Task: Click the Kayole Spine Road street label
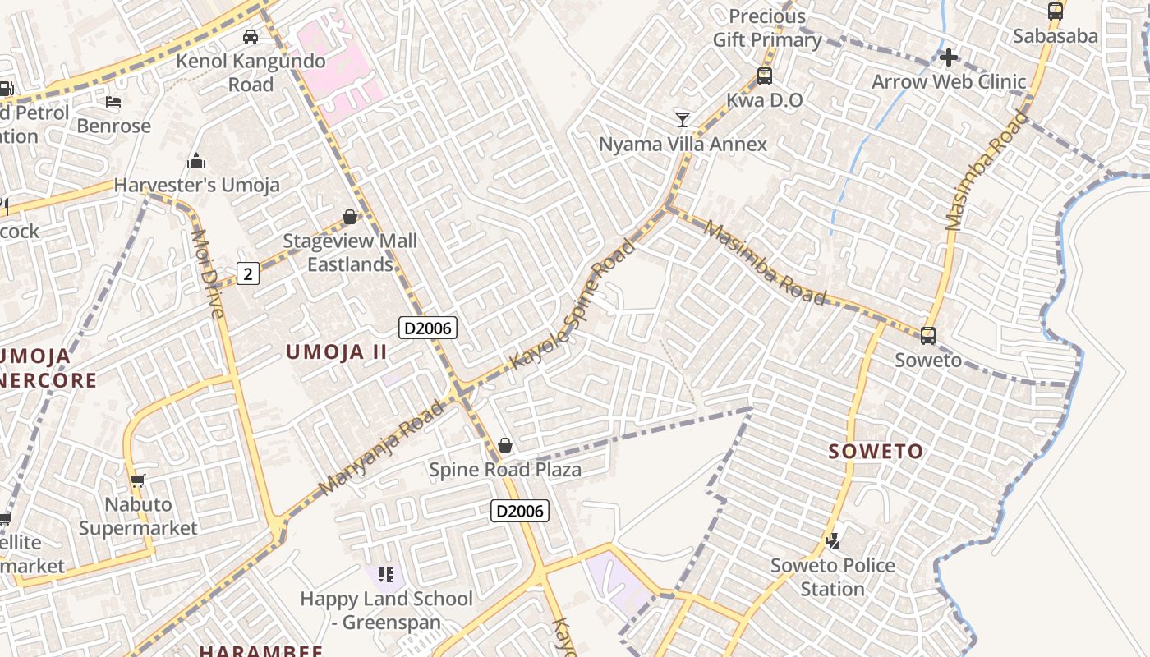573,304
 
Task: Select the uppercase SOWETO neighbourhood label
876,451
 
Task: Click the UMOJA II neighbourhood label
336,352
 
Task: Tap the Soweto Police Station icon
832,540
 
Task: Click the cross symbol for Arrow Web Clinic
949,57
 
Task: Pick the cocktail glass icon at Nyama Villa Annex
683,119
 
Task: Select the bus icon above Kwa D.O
765,76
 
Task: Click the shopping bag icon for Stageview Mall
350,217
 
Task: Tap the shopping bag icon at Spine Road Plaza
505,445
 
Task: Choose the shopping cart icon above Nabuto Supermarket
138,480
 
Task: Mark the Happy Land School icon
386,574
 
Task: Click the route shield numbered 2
248,273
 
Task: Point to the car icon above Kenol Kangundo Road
251,36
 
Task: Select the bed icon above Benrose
113,102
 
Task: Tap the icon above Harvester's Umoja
196,161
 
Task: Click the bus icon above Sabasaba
1056,11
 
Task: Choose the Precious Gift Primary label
767,28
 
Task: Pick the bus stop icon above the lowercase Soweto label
928,335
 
